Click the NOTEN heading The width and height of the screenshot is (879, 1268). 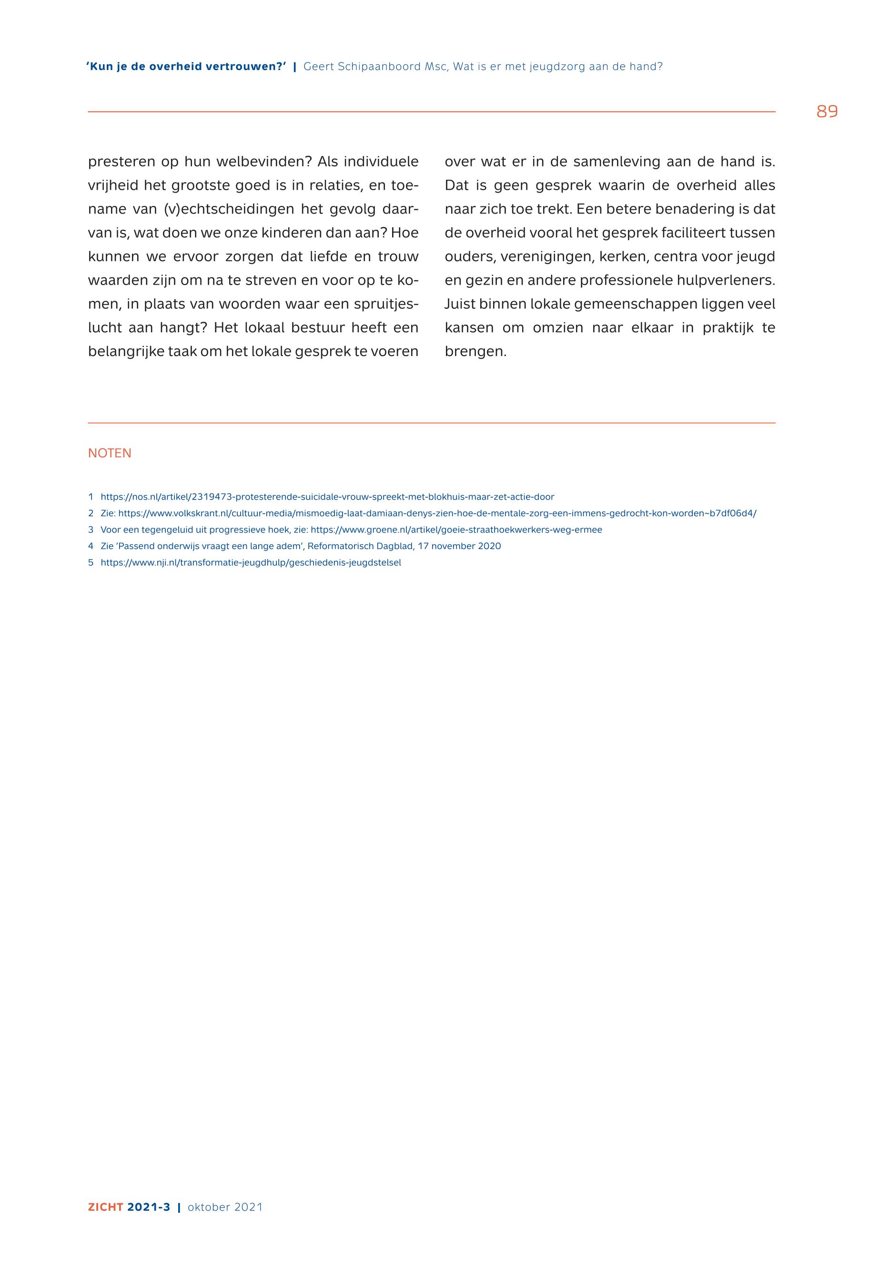click(110, 453)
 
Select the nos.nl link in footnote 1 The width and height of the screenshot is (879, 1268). click(327, 497)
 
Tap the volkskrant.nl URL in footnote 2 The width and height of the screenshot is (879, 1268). click(437, 513)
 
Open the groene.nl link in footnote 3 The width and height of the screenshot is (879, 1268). click(456, 530)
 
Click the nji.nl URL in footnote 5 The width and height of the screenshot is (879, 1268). click(251, 562)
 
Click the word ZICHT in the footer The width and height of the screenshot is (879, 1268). click(105, 1207)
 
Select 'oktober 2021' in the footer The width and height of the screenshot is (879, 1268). click(225, 1207)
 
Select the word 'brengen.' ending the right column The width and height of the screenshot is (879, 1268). click(475, 352)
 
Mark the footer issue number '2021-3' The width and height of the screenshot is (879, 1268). click(149, 1207)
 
